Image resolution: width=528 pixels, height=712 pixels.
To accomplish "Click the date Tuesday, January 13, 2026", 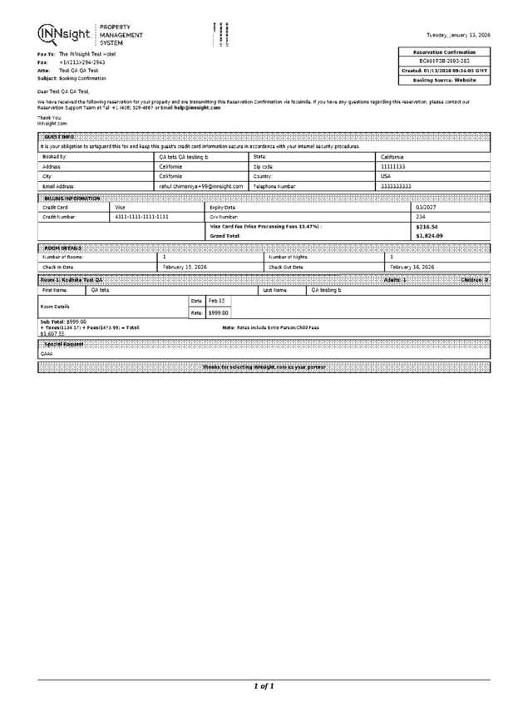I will click(x=458, y=35).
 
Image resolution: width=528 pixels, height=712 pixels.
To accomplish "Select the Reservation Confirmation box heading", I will click(x=445, y=52).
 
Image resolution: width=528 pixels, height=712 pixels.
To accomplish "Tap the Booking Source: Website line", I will click(x=445, y=81).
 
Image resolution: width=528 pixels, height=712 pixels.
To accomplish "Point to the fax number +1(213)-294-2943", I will click(x=82, y=62).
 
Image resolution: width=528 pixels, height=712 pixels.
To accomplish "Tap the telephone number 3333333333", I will click(x=395, y=187).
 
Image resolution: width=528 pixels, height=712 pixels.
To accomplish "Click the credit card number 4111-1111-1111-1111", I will click(x=142, y=216).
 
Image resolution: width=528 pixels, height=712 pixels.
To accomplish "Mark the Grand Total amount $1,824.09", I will click(x=429, y=236).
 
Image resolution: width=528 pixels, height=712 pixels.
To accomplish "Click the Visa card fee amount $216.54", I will click(x=427, y=226).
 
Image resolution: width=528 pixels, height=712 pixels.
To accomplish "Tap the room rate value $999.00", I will click(x=218, y=312).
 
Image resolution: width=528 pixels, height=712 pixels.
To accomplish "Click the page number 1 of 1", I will click(x=264, y=686).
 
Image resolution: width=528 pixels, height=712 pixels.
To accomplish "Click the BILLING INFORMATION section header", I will click(x=72, y=199).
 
